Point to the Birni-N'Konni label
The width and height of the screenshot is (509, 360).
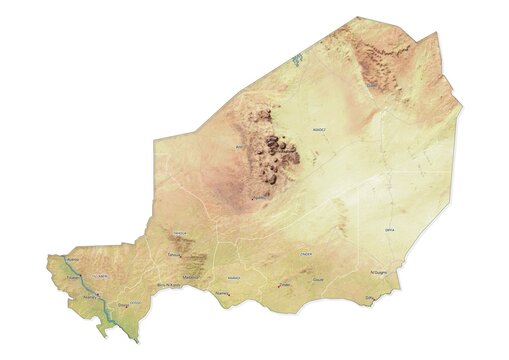[x=170, y=284]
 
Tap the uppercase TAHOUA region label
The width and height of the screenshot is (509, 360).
[x=181, y=233]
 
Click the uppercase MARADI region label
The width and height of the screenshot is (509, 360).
[x=234, y=277]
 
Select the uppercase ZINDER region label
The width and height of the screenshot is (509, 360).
[x=306, y=254]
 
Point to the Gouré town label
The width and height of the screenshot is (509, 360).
[x=318, y=281]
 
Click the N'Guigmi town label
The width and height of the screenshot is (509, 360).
[x=378, y=271]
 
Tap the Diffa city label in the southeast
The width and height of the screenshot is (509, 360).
[x=369, y=298]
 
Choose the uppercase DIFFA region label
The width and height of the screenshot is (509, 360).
[x=389, y=229]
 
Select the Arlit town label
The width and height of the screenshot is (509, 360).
[x=238, y=146]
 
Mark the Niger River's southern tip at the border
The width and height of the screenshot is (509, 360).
[x=135, y=341]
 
